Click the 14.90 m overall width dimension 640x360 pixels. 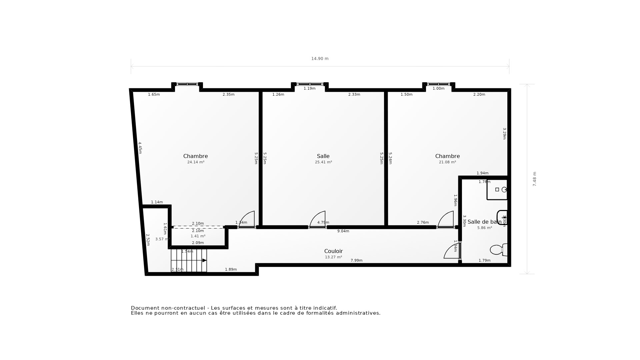pyautogui.click(x=320, y=59)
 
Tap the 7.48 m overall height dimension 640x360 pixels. pyautogui.click(x=534, y=179)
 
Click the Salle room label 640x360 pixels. pyautogui.click(x=323, y=156)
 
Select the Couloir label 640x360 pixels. pyautogui.click(x=333, y=251)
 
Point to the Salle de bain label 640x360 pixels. pyautogui.click(x=484, y=222)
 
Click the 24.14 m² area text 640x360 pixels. pyautogui.click(x=196, y=162)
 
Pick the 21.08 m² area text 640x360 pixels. pyautogui.click(x=447, y=162)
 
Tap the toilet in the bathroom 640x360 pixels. pyautogui.click(x=498, y=249)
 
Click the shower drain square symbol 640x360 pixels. pyautogui.click(x=497, y=189)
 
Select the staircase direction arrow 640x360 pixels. pyautogui.click(x=204, y=260)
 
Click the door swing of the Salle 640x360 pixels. pyautogui.click(x=317, y=219)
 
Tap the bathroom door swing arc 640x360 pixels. pyautogui.click(x=451, y=251)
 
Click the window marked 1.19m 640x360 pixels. pyautogui.click(x=310, y=84)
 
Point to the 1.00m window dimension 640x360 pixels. pyautogui.click(x=438, y=89)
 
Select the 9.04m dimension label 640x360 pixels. pyautogui.click(x=343, y=231)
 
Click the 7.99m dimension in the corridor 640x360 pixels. pyautogui.click(x=356, y=261)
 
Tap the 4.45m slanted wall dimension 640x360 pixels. pyautogui.click(x=140, y=148)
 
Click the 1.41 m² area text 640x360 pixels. pyautogui.click(x=198, y=236)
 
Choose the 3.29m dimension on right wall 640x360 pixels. pyautogui.click(x=504, y=133)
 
